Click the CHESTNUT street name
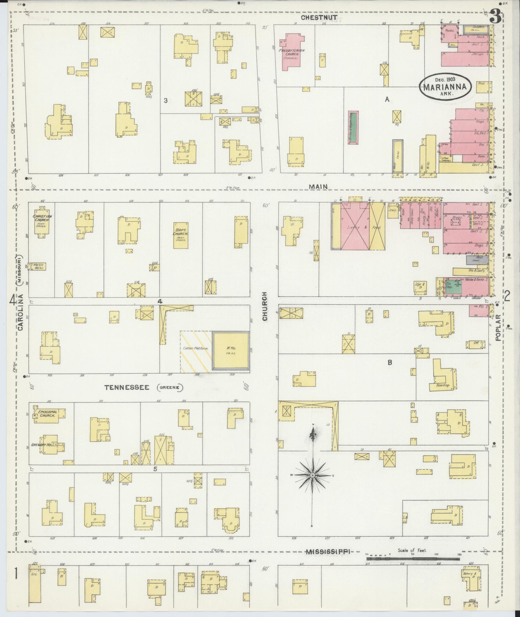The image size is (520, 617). pyautogui.click(x=319, y=18)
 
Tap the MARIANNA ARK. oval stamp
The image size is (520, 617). pyautogui.click(x=445, y=86)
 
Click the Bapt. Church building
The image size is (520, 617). pyautogui.click(x=180, y=235)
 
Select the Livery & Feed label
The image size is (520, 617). pyautogui.click(x=364, y=228)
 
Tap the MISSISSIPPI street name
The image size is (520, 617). pyautogui.click(x=329, y=552)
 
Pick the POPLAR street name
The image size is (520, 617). pyautogui.click(x=498, y=327)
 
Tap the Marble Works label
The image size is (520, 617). pyautogui.click(x=39, y=266)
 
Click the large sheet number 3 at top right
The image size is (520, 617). pyautogui.click(x=496, y=17)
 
